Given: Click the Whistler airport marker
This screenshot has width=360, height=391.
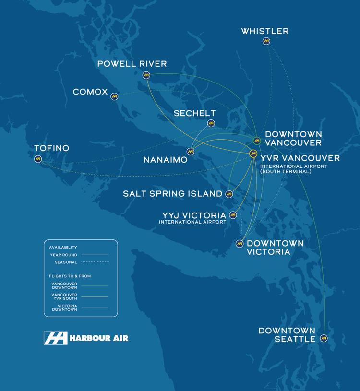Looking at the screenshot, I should [266, 41].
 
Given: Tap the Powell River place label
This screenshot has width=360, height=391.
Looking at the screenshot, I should [132, 64].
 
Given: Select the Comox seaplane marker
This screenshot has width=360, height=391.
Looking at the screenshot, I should [114, 96].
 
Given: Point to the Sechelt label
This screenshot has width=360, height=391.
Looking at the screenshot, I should [194, 113].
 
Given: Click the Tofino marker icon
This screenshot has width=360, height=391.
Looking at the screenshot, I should [38, 159].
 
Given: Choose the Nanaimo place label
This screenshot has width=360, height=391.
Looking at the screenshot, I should [165, 160].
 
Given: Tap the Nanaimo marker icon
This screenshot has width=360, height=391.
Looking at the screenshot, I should [191, 152].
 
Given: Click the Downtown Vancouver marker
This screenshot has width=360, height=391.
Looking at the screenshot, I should [257, 140].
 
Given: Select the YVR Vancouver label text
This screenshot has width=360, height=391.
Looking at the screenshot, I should [300, 158].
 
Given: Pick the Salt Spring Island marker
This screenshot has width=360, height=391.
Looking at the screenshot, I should [229, 194].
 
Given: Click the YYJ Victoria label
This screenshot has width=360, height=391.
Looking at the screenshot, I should [194, 215].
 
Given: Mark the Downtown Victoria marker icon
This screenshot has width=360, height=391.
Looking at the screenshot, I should [240, 244].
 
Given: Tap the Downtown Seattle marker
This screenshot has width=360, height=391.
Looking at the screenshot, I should [324, 338].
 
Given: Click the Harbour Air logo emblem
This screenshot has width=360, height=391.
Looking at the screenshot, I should [56, 338].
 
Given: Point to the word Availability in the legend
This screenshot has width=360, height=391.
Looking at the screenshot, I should [63, 248].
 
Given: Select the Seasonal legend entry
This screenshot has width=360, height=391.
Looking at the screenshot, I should [67, 262].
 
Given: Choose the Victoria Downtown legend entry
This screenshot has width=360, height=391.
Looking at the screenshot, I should [64, 308].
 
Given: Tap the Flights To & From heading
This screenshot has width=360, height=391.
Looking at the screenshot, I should [70, 276].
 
